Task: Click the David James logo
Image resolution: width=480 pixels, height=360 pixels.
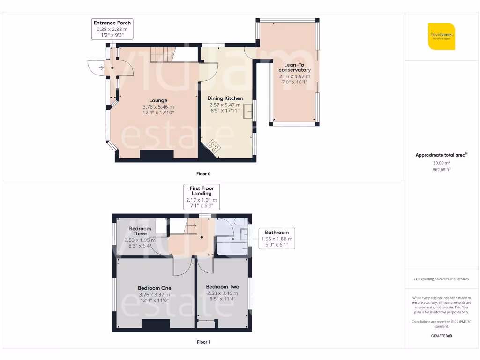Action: (x=441, y=36)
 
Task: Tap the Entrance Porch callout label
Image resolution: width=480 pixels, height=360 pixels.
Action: (x=112, y=29)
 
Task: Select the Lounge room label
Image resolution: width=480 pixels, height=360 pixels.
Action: (x=158, y=100)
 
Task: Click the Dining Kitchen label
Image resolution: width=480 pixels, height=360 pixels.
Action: (x=225, y=98)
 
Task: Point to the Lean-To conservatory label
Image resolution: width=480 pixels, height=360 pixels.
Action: (x=295, y=67)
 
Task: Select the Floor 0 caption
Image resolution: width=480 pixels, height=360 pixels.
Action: (x=203, y=174)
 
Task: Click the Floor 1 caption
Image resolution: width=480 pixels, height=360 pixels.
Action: (x=203, y=342)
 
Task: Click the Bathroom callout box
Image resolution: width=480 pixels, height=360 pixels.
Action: (x=277, y=238)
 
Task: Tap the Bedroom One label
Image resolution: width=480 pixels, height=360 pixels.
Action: (x=154, y=288)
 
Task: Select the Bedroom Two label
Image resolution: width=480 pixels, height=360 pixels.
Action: (x=223, y=287)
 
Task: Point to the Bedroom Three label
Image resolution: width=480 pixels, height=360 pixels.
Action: (x=140, y=231)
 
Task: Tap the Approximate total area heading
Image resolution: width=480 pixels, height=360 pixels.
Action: (x=441, y=155)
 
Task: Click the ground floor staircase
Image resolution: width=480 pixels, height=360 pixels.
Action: (x=162, y=55)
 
